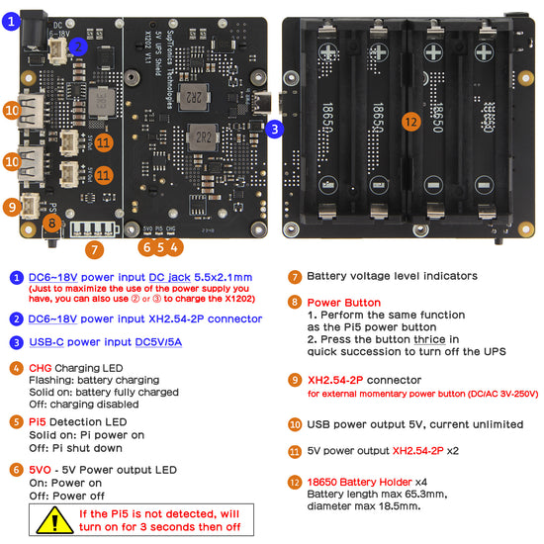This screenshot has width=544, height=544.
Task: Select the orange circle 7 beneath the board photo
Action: click(94, 249)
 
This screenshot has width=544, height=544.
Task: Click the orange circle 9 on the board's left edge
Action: click(11, 207)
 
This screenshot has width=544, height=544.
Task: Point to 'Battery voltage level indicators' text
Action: click(392, 277)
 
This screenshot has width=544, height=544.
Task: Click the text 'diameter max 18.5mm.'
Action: click(363, 506)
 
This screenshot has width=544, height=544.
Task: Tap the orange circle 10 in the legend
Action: click(295, 423)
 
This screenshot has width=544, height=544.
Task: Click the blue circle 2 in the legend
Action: click(17, 318)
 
